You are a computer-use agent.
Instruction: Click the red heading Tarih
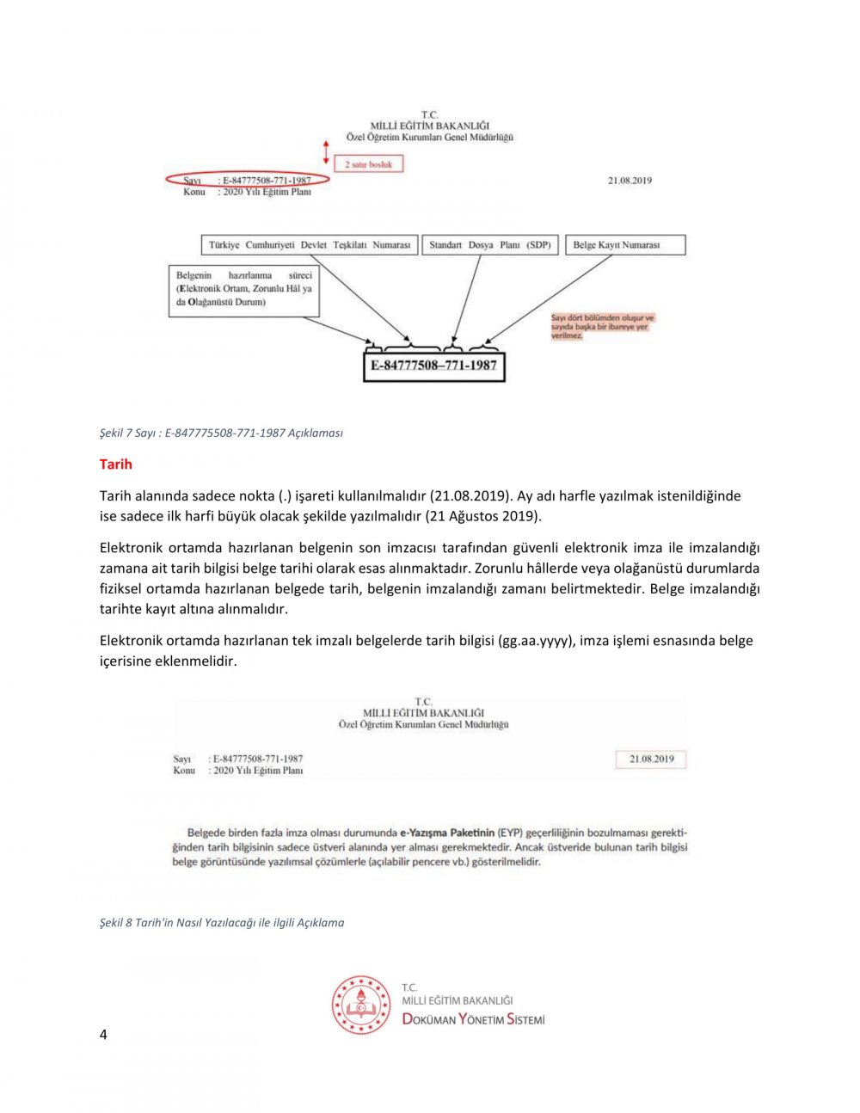(x=116, y=464)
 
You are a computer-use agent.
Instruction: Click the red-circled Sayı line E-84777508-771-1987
(x=248, y=181)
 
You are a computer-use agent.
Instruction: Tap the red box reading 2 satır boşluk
(x=368, y=163)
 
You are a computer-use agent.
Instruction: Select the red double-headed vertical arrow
(x=326, y=153)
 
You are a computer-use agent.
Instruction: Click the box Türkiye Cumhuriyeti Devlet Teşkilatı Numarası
(x=310, y=245)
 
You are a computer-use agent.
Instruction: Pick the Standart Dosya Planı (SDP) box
(x=490, y=245)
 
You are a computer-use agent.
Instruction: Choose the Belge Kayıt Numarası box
(x=625, y=245)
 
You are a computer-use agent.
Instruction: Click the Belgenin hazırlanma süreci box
(x=244, y=290)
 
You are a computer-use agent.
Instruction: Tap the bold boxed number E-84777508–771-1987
(x=433, y=366)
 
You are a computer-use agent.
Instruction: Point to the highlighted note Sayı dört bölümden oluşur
(x=602, y=327)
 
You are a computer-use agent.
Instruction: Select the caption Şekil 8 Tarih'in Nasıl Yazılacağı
(x=222, y=923)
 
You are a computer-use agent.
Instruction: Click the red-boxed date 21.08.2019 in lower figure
(x=651, y=759)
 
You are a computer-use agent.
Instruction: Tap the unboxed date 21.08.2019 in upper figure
(x=630, y=181)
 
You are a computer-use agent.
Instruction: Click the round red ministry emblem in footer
(x=361, y=1005)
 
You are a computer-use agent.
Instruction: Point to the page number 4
(x=103, y=1035)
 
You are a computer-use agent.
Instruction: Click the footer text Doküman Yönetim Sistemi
(x=474, y=1019)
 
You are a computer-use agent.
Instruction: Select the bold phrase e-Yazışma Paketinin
(x=447, y=833)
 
